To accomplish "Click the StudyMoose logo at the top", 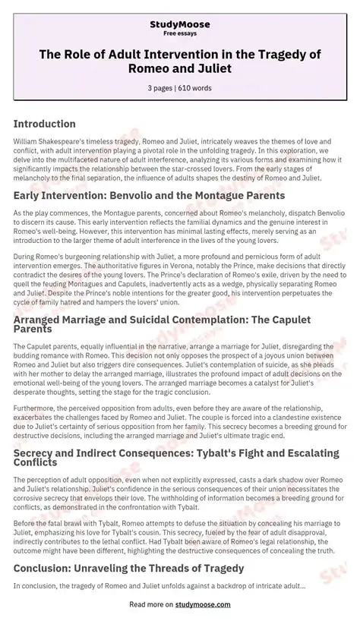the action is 179,14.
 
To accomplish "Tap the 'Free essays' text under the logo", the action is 179,24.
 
